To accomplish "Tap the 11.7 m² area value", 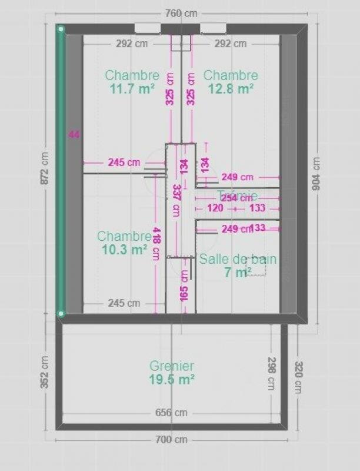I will [132, 88].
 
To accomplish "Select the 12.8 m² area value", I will [231, 88].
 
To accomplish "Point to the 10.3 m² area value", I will [124, 249].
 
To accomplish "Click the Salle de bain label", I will [238, 258].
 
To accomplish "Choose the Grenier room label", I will [171, 366].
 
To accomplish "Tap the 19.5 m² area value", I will [171, 380].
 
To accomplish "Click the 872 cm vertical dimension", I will [45, 168].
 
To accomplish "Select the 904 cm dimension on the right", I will [315, 175].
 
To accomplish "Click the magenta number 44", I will [74, 135].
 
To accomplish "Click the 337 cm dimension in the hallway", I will [175, 201].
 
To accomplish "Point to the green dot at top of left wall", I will [60, 28].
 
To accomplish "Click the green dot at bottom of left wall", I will [60, 314].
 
